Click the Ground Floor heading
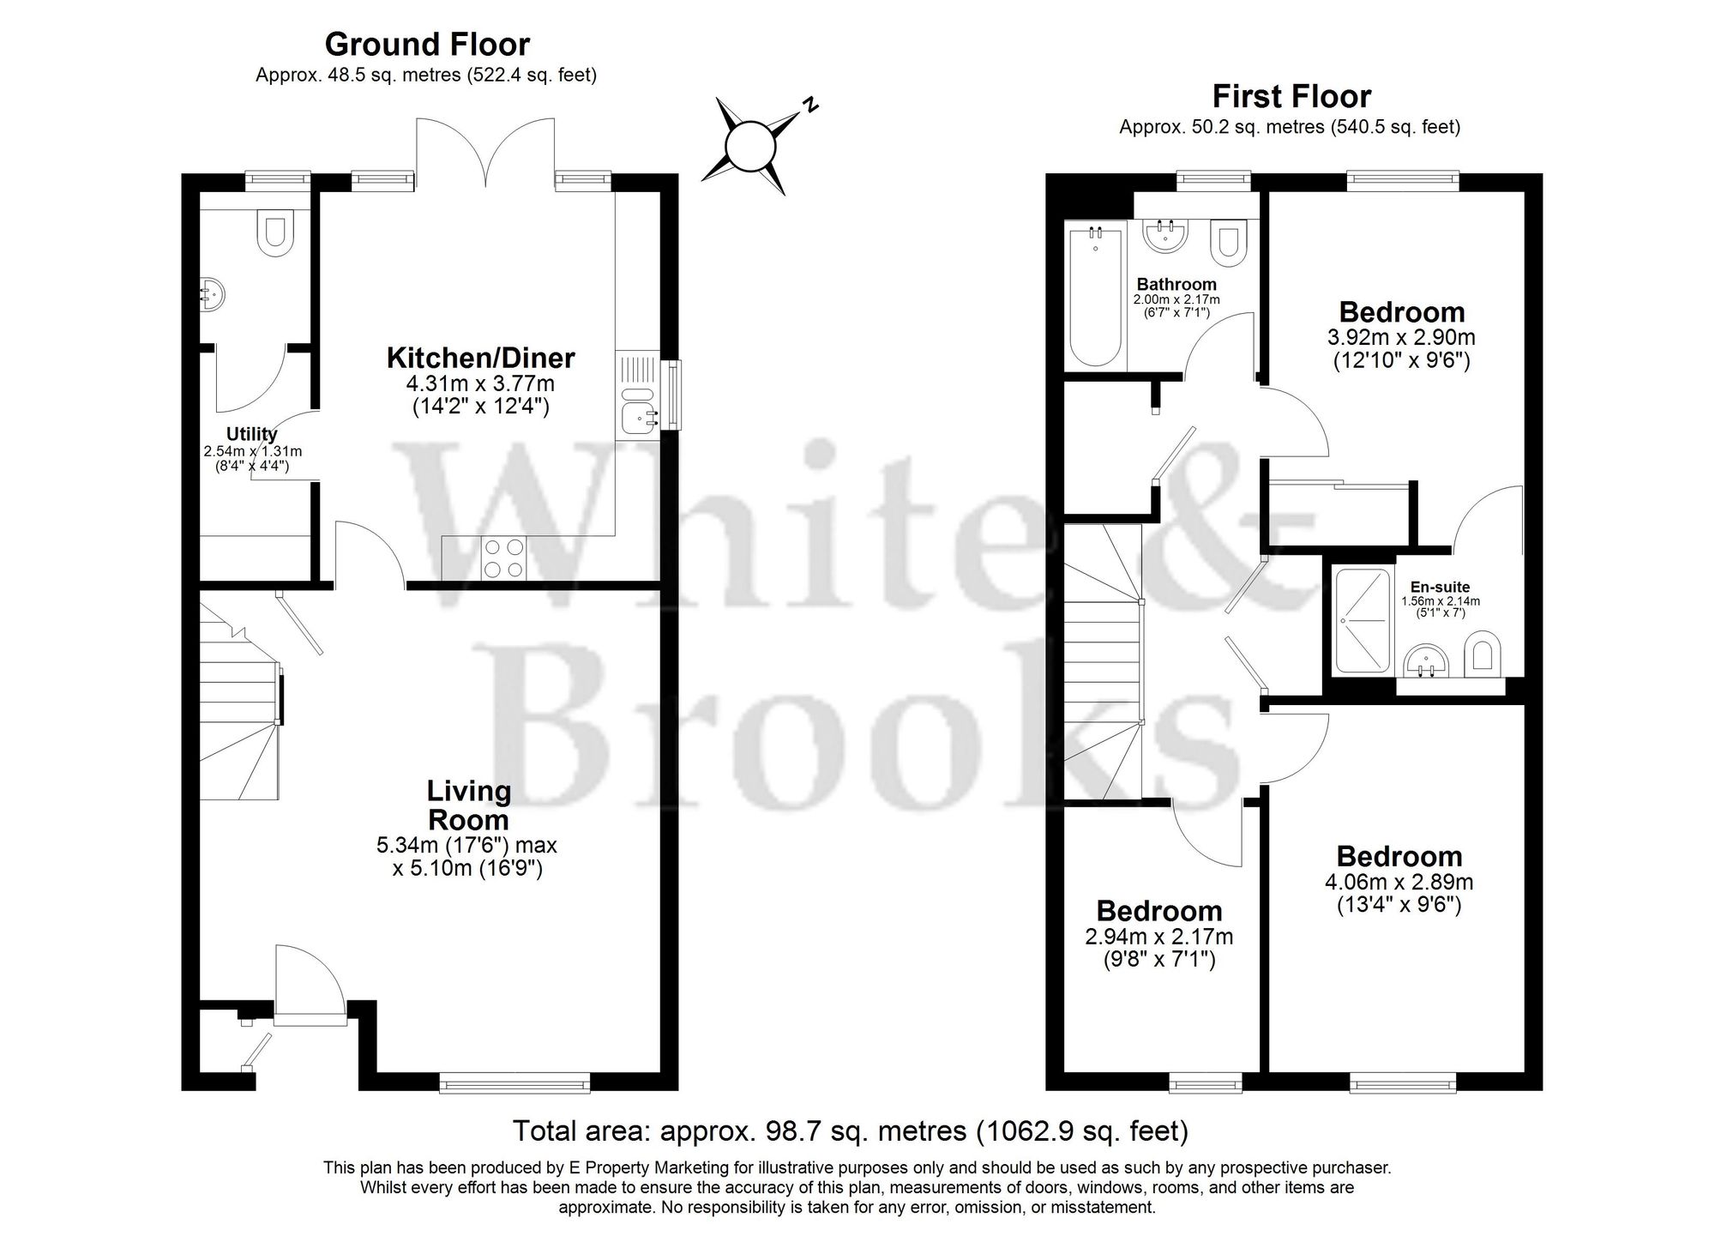tap(427, 44)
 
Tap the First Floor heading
tap(1291, 96)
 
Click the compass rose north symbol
tap(751, 147)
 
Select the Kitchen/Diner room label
tap(480, 358)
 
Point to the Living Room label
tap(468, 805)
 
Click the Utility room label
tap(251, 434)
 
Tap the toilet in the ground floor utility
tap(275, 233)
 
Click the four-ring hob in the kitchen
tap(504, 557)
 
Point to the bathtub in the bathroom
tap(1095, 295)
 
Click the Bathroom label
tap(1176, 284)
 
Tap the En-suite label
tap(1441, 588)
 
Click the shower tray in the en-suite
tap(1363, 620)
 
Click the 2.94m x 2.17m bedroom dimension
tap(1159, 938)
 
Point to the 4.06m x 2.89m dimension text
tap(1399, 882)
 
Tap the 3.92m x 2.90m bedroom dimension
tap(1401, 338)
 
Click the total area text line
tap(851, 1131)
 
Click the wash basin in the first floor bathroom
tap(1164, 235)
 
